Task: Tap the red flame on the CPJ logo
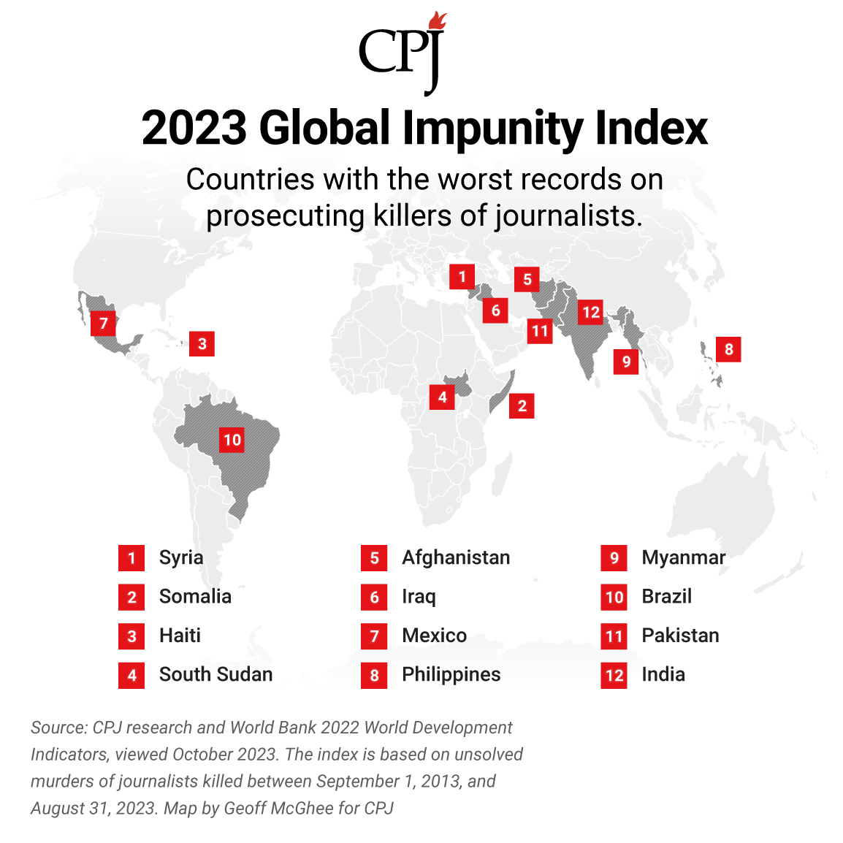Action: (x=438, y=21)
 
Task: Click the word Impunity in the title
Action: (x=494, y=129)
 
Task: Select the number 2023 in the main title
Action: (x=194, y=129)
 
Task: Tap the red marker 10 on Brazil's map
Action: (x=232, y=440)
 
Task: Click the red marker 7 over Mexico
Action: (x=104, y=323)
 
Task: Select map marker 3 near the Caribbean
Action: (x=202, y=343)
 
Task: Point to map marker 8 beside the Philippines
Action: (x=728, y=349)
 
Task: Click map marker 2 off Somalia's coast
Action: (x=522, y=406)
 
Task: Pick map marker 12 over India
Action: (x=590, y=313)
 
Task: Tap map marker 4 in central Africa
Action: (x=442, y=397)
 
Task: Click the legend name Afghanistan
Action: (x=456, y=557)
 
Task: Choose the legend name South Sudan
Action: (x=215, y=674)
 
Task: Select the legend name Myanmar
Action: (x=683, y=557)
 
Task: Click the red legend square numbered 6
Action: (x=374, y=597)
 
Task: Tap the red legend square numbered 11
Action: (x=614, y=636)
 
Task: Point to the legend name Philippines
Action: (x=451, y=674)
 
